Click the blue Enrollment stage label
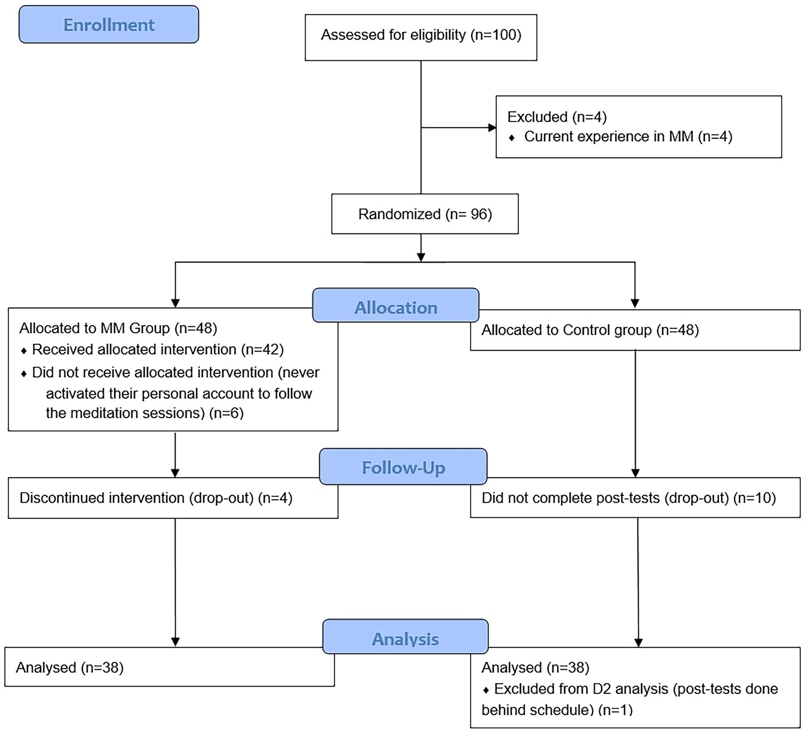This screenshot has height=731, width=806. (x=109, y=25)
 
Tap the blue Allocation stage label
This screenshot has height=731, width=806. (x=396, y=305)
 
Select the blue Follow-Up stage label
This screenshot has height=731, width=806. (x=403, y=467)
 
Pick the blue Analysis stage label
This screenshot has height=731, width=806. (x=405, y=636)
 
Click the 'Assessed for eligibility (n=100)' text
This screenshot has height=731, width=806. (x=421, y=35)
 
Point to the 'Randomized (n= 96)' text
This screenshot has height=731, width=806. (x=425, y=214)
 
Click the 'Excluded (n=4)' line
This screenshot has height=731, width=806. (x=557, y=117)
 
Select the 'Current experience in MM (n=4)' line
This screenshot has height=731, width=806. (x=628, y=136)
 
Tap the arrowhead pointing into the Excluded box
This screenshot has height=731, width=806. (x=492, y=128)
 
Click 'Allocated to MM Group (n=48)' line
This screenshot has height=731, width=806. (x=118, y=328)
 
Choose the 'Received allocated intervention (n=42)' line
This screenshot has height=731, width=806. (x=158, y=349)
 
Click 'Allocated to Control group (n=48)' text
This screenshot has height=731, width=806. (x=590, y=330)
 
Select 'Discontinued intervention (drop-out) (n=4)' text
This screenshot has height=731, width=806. (x=156, y=498)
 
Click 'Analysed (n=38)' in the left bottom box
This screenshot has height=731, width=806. (x=70, y=668)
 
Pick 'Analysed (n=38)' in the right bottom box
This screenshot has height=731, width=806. (x=535, y=668)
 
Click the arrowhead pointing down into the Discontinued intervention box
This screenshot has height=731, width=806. (x=175, y=473)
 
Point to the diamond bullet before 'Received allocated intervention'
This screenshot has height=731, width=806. (x=24, y=351)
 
